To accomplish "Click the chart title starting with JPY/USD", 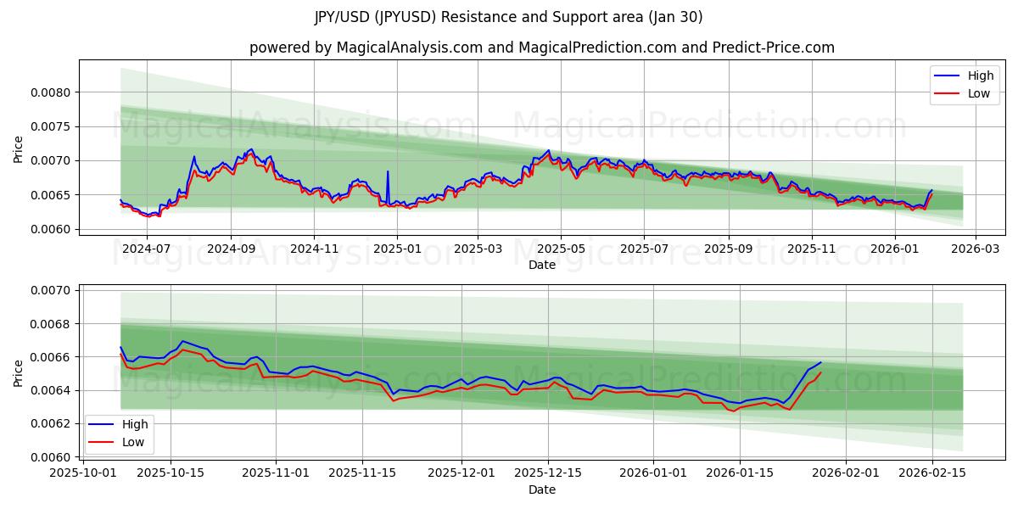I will tap(509, 17).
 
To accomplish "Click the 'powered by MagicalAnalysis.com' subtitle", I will tap(541, 48).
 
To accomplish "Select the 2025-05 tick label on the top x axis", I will tap(561, 249).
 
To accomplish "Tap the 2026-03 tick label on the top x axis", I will tap(975, 249).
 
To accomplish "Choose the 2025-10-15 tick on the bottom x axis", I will tap(171, 473).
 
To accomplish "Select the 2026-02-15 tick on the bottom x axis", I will tap(932, 473).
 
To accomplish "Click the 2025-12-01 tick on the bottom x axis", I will tap(461, 473).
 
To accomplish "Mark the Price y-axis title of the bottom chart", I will tap(19, 373).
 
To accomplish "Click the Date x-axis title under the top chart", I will tap(541, 265).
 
